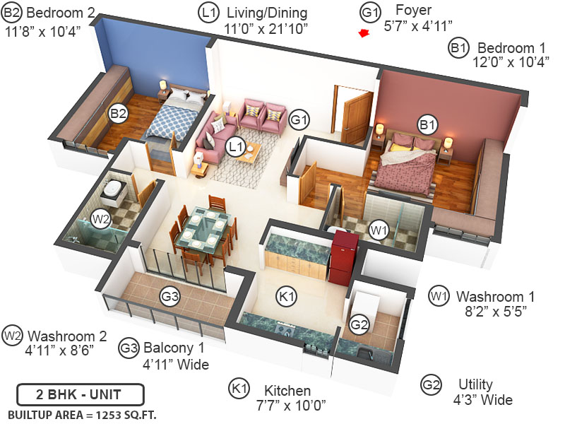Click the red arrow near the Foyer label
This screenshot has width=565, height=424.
coord(364,33)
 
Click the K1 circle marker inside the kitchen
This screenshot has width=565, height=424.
coord(287,298)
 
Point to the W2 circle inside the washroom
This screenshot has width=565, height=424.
coord(101,219)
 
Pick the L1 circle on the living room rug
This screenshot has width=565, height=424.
coord(236,147)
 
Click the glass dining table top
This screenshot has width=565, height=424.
coord(201,230)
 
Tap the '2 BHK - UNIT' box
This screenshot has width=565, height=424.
coord(80,394)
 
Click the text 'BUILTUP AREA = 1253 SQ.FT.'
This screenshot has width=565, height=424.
coord(76,413)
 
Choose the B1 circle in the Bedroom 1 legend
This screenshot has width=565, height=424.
coord(458,48)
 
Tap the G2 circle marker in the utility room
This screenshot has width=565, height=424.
coord(359,325)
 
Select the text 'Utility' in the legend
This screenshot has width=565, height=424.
coord(475,385)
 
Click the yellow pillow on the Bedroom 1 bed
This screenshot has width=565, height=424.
coord(400,147)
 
